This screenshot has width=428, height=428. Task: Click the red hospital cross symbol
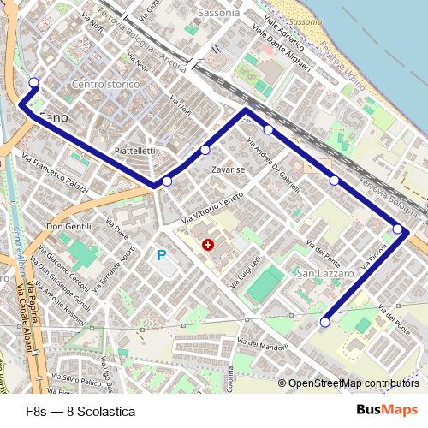(x=207, y=246)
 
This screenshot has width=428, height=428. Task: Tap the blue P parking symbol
(x=161, y=254)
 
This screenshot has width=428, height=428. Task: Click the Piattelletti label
(x=134, y=151)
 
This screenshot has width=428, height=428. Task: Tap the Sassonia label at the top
(x=218, y=14)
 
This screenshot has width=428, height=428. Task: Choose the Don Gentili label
(x=68, y=226)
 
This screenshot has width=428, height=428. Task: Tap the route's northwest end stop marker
(x=34, y=82)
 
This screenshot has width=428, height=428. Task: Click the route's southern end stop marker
(x=325, y=322)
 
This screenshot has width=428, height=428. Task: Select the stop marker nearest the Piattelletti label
(x=167, y=181)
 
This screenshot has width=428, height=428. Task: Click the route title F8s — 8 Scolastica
(x=80, y=411)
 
